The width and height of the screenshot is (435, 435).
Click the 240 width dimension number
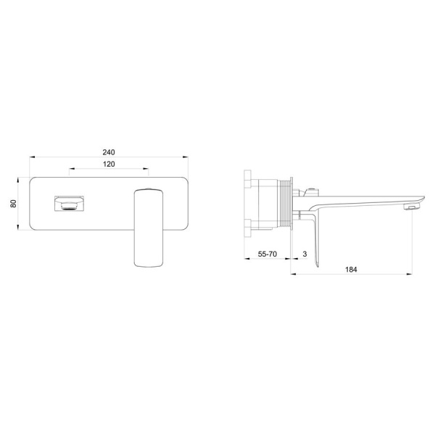click(x=109, y=152)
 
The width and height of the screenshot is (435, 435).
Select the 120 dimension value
click(x=109, y=165)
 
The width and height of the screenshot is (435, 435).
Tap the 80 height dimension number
click(x=13, y=203)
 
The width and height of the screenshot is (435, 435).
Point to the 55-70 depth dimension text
click(x=267, y=254)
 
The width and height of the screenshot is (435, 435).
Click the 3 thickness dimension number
click(x=305, y=254)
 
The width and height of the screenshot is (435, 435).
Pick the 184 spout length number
click(x=351, y=270)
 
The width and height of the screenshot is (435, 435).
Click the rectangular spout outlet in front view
click(x=69, y=204)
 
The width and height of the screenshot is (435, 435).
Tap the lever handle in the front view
click(x=149, y=228)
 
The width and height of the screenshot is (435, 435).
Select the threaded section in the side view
click(x=283, y=204)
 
